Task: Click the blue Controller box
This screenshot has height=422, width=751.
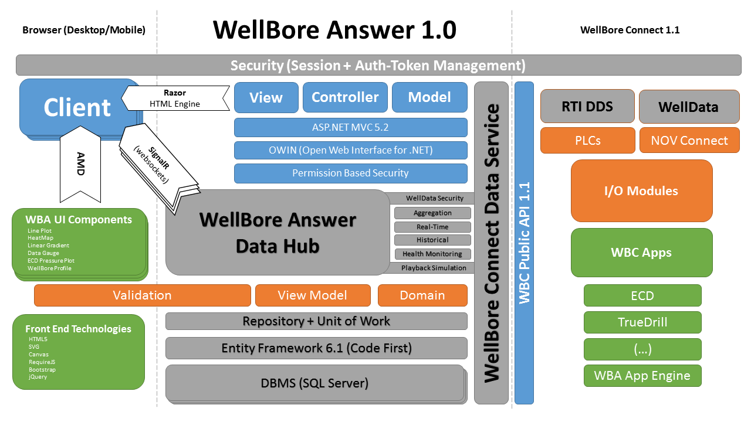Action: coord(344,97)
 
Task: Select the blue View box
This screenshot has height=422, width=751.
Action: coord(266,97)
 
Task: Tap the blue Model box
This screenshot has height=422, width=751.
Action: coord(429,97)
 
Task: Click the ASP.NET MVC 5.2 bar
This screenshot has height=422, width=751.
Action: coord(350,127)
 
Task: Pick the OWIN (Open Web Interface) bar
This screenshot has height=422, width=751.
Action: coord(350,150)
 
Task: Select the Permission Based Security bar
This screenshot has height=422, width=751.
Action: coord(350,173)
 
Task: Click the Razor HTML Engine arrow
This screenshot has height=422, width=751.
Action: coord(176,98)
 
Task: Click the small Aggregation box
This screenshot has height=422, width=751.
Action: coord(432,213)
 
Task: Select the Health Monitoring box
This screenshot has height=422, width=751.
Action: coord(432,254)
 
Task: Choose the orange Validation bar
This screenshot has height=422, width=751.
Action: coord(142,295)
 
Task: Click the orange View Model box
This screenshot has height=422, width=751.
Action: coord(312,295)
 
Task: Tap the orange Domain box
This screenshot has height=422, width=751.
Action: coord(422,295)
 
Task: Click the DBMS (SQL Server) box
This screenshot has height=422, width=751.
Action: coord(314,383)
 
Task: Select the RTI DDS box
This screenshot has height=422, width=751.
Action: coord(587,107)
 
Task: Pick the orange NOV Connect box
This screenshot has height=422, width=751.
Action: coord(689,141)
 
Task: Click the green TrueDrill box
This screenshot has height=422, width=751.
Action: coord(642,322)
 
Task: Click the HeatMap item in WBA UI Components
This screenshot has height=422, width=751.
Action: coord(40,238)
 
